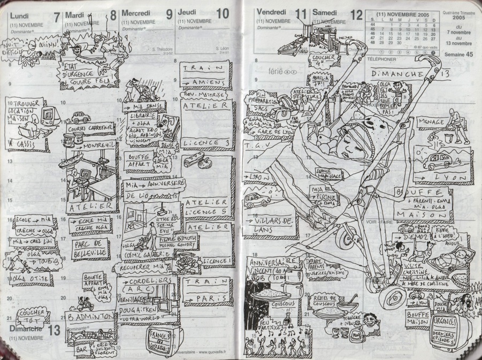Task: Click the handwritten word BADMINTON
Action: [x=90, y=316]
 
